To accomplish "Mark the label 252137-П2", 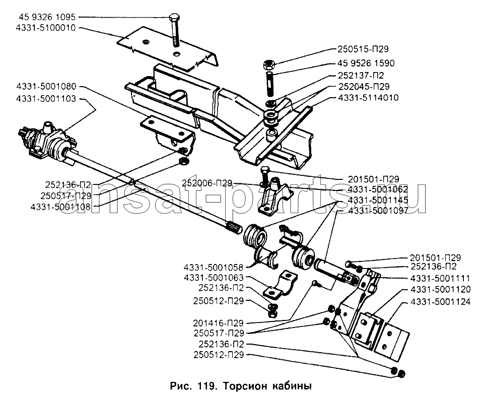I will pyautogui.click(x=357, y=75).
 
